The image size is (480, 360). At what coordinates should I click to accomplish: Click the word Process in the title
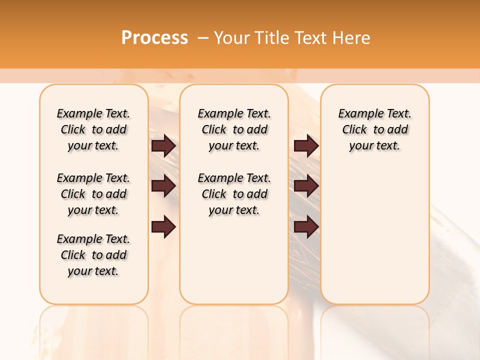pyautogui.click(x=154, y=38)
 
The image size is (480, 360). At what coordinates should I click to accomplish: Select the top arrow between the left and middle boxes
pyautogui.click(x=163, y=146)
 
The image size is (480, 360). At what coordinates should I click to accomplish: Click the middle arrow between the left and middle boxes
pyautogui.click(x=163, y=186)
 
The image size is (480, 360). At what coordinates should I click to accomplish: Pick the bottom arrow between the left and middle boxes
pyautogui.click(x=163, y=227)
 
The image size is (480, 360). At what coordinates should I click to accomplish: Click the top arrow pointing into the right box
pyautogui.click(x=306, y=146)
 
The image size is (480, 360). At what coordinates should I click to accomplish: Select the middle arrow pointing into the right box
pyautogui.click(x=306, y=186)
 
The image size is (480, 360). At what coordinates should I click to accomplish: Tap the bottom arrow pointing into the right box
pyautogui.click(x=306, y=227)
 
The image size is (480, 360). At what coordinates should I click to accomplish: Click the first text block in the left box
pyautogui.click(x=93, y=129)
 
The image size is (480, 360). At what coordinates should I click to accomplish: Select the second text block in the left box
pyautogui.click(x=93, y=194)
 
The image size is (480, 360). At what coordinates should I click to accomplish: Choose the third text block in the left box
pyautogui.click(x=93, y=255)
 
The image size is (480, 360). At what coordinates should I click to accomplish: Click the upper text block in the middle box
pyautogui.click(x=234, y=129)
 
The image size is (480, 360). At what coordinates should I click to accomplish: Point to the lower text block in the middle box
pyautogui.click(x=234, y=194)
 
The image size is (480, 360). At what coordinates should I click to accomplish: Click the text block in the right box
pyautogui.click(x=374, y=129)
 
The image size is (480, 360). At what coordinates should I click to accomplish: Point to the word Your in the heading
pyautogui.click(x=230, y=38)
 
